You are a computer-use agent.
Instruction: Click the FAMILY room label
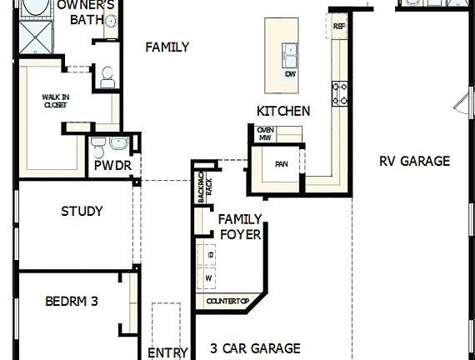pos(167,47)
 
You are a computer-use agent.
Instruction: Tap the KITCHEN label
pos(283,111)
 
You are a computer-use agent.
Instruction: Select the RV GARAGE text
pos(414,161)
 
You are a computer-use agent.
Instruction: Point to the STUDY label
pos(82,211)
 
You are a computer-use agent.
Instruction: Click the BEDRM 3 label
pos(71,301)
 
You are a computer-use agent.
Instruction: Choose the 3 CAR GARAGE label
pos(255,348)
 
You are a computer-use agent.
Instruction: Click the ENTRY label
pos(167,352)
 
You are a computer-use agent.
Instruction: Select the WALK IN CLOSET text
pos(55,102)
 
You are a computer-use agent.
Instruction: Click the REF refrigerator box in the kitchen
pos(339,25)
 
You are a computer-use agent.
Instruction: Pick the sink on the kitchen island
pos(290,57)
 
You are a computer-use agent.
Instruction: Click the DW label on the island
pos(290,74)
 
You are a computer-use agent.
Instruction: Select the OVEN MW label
pos(265,133)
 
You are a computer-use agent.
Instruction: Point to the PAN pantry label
pos(281,164)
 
